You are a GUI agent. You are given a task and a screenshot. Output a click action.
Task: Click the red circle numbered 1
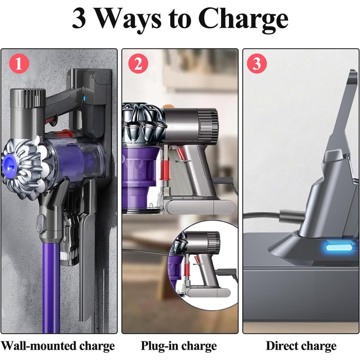(19, 64)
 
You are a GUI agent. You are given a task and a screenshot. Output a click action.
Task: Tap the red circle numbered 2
(137, 64)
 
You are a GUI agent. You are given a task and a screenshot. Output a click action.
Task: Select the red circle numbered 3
(257, 64)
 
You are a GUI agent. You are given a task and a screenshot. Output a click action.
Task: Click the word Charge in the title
(243, 20)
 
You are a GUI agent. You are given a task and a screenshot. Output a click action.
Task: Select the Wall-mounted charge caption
(58, 345)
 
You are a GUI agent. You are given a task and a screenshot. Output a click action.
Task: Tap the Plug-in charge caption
(179, 345)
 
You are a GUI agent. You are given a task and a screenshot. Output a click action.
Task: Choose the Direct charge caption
(301, 345)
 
